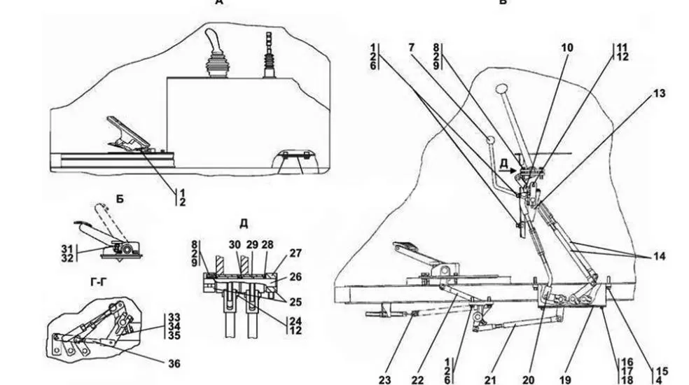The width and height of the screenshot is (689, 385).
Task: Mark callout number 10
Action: coord(567,48)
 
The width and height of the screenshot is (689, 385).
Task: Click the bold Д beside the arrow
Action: coord(504,163)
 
